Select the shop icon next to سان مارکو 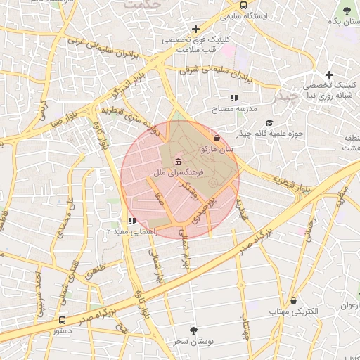tap(216, 138)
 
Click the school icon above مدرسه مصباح tap(233, 98)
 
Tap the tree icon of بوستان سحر tap(194, 329)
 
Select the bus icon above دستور tap(63, 320)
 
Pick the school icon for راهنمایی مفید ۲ tap(132, 221)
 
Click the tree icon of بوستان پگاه tap(347, 11)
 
